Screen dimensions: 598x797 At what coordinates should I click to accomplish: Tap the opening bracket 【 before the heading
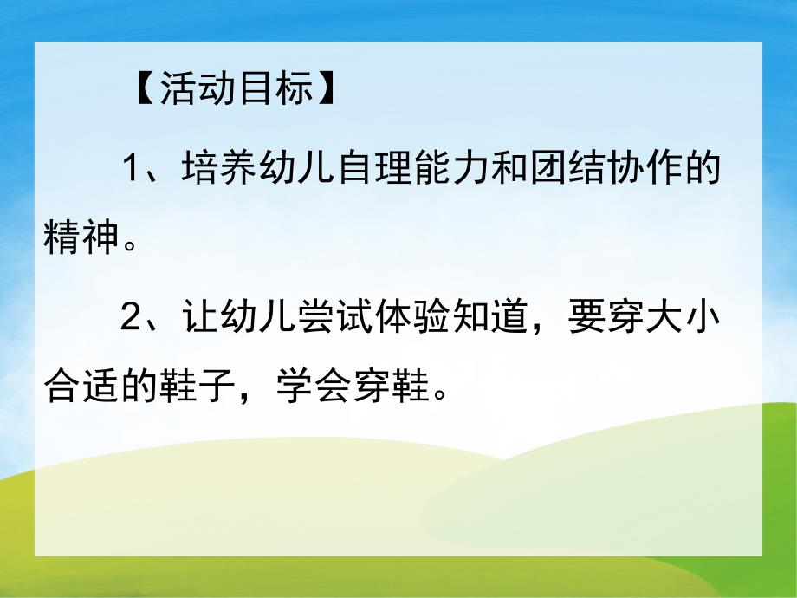tap(144, 91)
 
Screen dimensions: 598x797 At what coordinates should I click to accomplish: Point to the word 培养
tap(219, 168)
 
